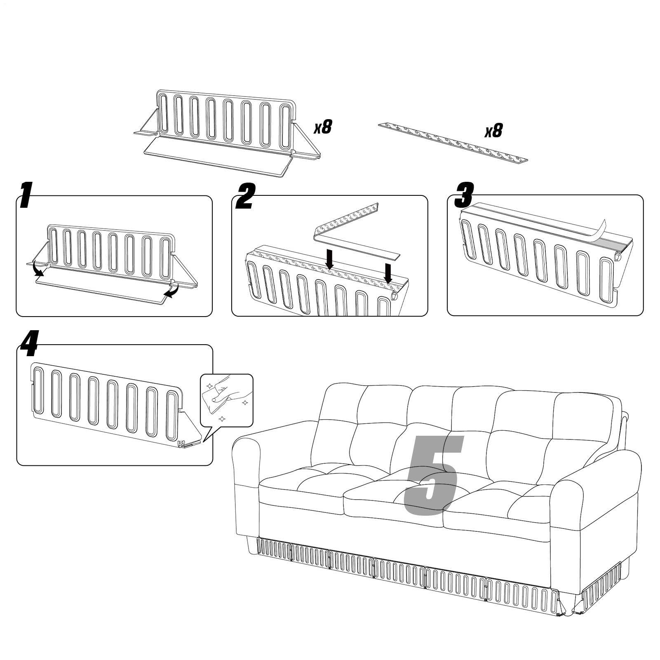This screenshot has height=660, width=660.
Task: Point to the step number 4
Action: [28, 345]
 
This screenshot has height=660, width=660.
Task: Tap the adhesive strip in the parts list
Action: [453, 141]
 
